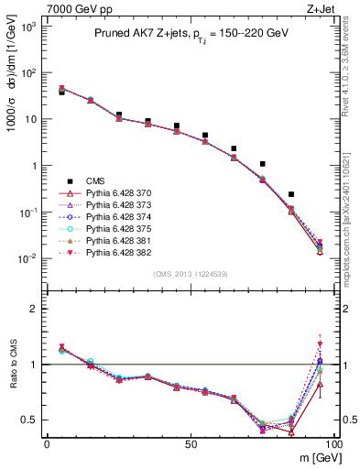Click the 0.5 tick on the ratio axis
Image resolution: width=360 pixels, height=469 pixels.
click(x=33, y=420)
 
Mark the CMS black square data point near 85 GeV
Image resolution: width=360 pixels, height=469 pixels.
click(x=291, y=194)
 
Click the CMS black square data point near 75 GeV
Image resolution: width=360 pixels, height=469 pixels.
click(x=263, y=164)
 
